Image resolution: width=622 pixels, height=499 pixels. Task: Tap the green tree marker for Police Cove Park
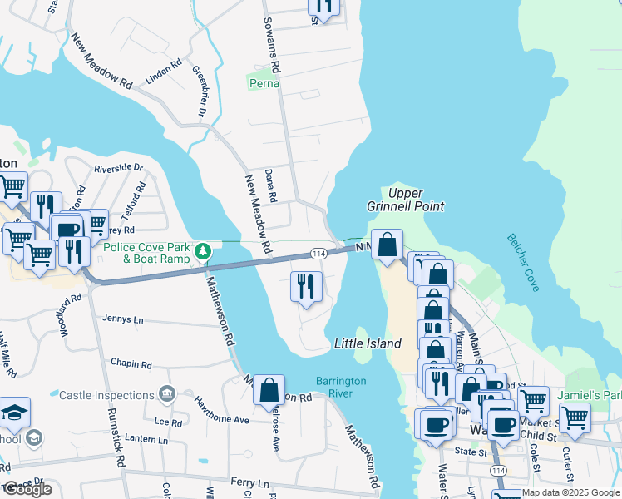coord(202,250)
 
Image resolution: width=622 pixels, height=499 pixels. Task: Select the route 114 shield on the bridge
coord(318,253)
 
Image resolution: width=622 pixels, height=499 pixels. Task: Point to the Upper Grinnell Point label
coord(405,200)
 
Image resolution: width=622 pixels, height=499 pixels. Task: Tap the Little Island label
coord(368,343)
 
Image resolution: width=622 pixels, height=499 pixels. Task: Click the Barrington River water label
coord(341,387)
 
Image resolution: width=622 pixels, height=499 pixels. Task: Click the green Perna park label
coord(264,83)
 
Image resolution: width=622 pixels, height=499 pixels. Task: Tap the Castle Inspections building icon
coord(166,393)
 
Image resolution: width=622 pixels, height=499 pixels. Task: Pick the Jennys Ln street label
coord(122,319)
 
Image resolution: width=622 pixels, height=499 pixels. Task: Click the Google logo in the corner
coord(27,489)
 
